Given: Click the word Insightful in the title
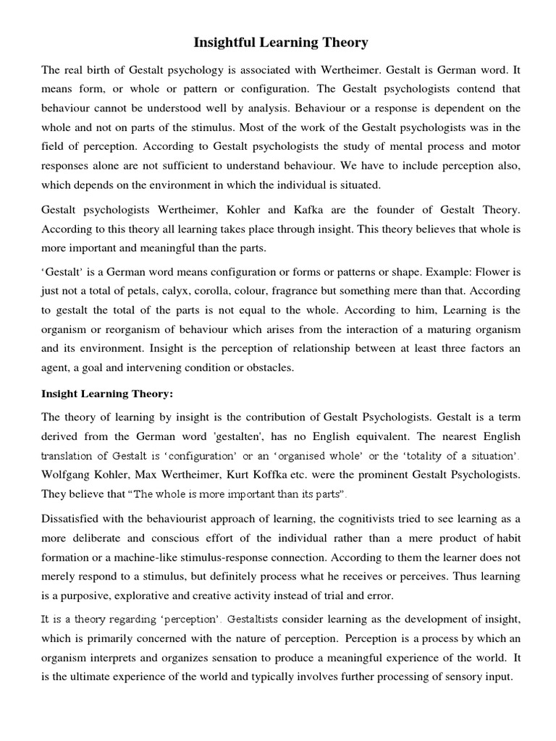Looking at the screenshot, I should (x=223, y=43).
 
